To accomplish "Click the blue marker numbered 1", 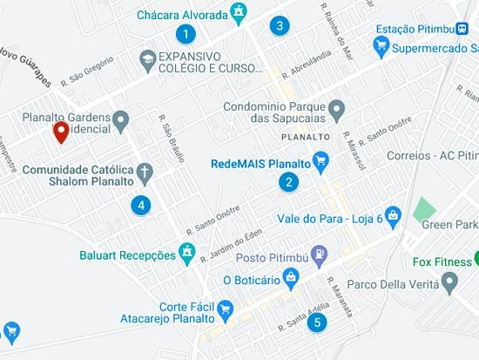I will (185, 34).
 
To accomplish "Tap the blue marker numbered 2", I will (287, 182).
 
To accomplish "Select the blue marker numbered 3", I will (279, 25).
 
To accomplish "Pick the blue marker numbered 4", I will (139, 206).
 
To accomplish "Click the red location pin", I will (61, 132).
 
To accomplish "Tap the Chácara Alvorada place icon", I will (237, 12).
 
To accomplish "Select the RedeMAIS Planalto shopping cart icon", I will (320, 161).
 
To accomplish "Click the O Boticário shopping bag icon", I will (291, 279).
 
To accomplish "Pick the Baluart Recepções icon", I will (186, 253).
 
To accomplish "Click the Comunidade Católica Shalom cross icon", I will (144, 170).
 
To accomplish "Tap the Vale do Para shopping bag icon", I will (393, 214).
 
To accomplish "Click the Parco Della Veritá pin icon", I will (449, 282).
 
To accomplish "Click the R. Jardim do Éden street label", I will (231, 243).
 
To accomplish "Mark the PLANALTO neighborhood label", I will (306, 138).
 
